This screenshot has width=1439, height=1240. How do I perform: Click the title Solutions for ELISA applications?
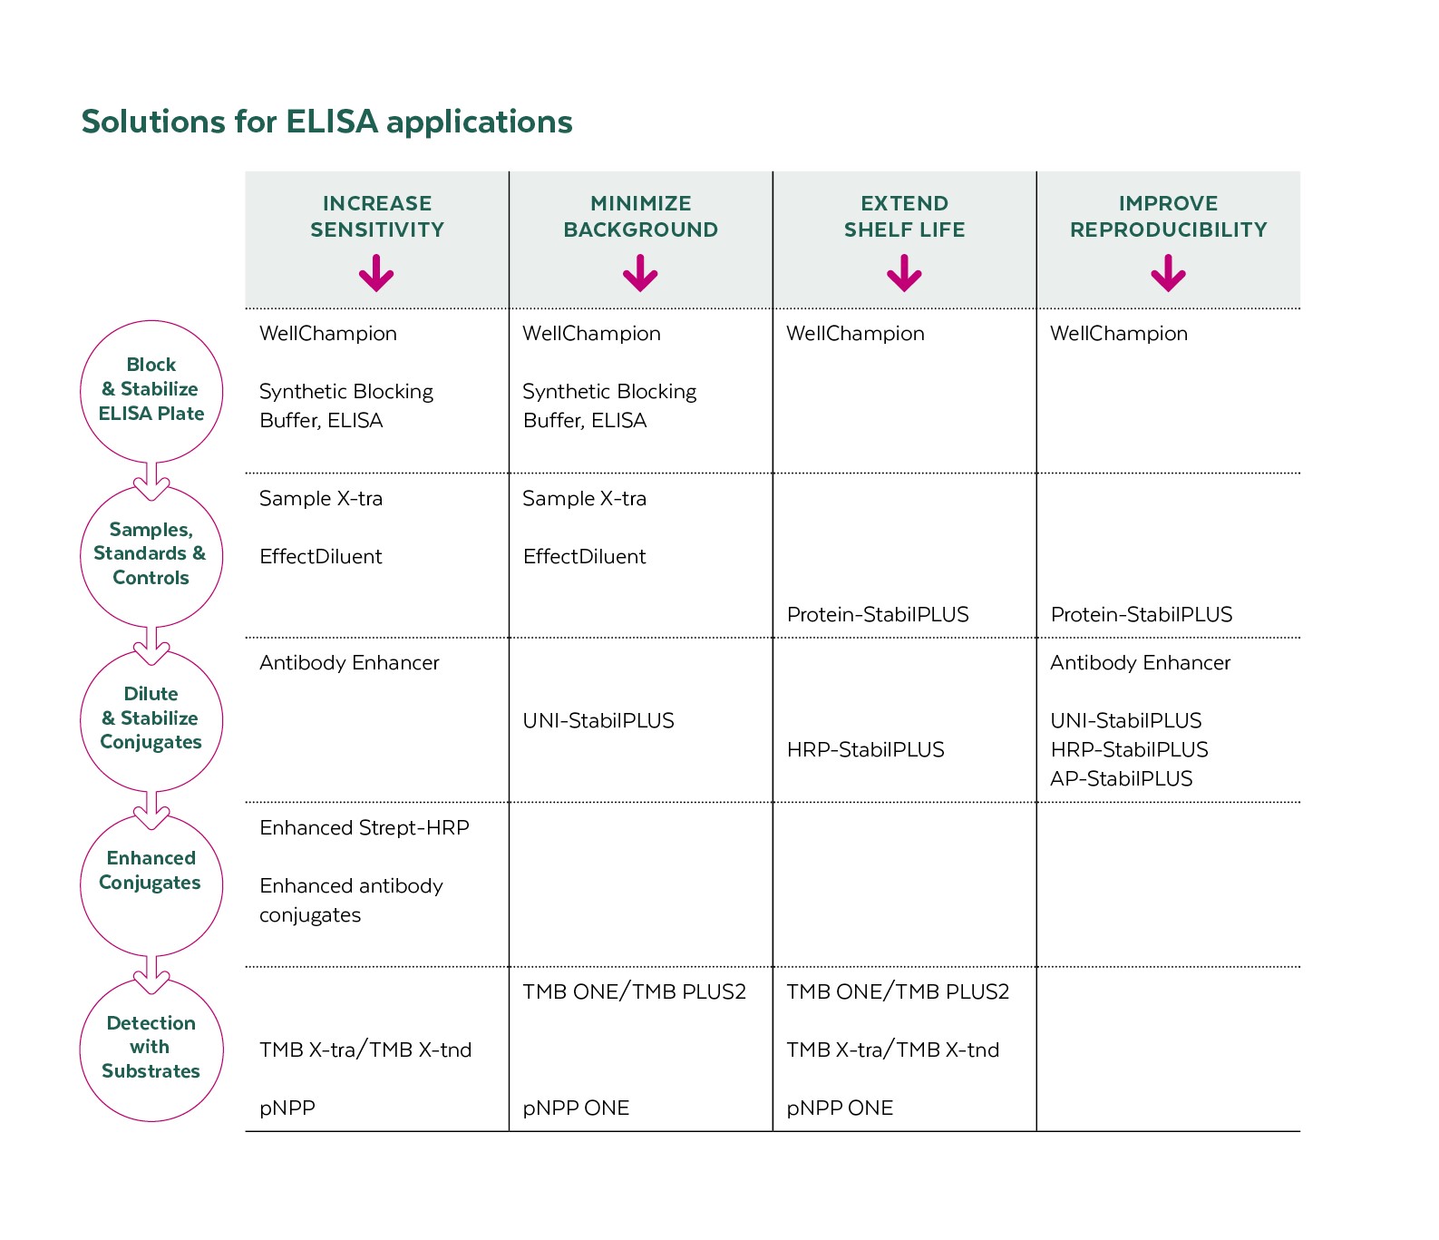[326, 122]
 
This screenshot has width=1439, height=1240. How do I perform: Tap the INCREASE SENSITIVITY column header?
[377, 217]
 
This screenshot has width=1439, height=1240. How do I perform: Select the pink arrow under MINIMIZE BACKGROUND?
[640, 273]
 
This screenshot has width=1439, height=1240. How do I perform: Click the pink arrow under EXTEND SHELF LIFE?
[904, 273]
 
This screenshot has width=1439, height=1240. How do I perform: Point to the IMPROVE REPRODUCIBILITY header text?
[1168, 217]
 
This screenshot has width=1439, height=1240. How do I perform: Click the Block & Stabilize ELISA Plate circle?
[151, 390]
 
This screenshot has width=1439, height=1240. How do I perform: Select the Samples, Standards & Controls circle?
[151, 554]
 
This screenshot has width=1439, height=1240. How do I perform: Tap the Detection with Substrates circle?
[151, 1048]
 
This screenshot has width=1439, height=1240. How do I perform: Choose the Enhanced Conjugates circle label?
[151, 871]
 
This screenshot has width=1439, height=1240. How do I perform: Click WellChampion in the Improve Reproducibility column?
[1118, 334]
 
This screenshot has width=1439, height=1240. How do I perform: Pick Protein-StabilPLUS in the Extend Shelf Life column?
[877, 615]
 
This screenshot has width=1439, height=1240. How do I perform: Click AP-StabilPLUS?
[1121, 779]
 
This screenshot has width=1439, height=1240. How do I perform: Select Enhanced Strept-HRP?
[364, 828]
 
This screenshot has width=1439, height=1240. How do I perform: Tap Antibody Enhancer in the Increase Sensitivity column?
[349, 663]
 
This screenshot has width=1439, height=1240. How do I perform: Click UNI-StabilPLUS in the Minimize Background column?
[598, 721]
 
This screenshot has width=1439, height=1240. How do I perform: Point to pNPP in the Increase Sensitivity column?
[287, 1108]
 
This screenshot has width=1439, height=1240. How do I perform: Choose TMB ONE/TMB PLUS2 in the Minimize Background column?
[634, 992]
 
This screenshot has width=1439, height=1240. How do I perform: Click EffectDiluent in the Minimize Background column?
[584, 557]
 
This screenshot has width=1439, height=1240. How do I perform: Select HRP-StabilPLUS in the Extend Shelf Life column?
[865, 750]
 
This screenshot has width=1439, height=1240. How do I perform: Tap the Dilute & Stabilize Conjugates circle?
[151, 718]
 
